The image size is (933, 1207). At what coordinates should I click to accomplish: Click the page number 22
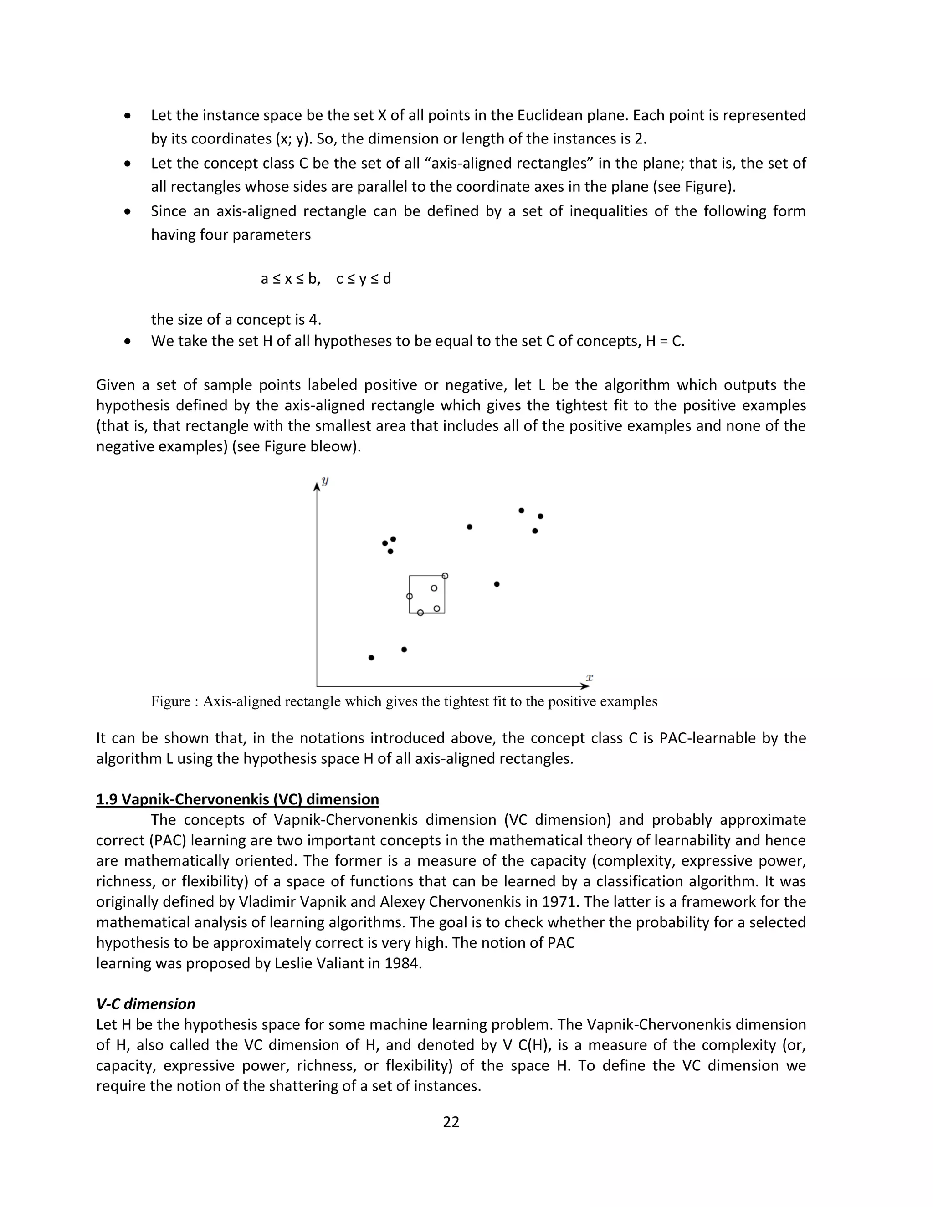[451, 1121]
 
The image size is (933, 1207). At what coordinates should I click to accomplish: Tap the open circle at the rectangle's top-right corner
[445, 576]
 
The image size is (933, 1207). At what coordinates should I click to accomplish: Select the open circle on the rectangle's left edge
[410, 596]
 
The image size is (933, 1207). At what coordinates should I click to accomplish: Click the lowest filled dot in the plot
[371, 658]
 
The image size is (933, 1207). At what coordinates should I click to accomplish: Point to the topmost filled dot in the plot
[521, 511]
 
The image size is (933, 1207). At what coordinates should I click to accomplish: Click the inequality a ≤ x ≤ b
[290, 279]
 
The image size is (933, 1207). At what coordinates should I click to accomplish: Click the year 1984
[402, 963]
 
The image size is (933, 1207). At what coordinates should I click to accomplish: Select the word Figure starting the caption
[170, 701]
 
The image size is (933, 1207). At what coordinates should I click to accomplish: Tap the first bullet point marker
[128, 116]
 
